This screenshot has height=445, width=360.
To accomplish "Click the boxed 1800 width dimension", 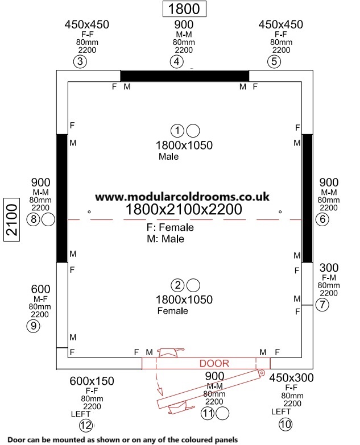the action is [184, 9].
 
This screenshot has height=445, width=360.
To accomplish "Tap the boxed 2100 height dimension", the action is [11, 220].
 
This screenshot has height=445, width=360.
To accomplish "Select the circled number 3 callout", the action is [80, 61].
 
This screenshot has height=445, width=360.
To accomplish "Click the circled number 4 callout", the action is [177, 61].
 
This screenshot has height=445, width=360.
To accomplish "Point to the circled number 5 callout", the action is [274, 61].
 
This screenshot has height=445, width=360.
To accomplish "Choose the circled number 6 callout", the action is [322, 219].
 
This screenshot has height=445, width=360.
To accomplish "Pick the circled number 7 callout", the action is [322, 305].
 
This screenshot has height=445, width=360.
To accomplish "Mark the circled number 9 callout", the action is [33, 326].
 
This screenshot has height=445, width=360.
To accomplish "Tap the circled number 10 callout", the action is [285, 425].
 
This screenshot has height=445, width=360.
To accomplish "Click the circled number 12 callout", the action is [86, 425].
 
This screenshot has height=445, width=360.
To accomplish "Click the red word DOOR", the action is [214, 363].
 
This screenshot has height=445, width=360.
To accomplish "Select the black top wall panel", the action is [185, 76].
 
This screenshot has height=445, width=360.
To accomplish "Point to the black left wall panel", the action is [62, 198].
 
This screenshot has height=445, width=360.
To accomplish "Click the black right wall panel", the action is [308, 198].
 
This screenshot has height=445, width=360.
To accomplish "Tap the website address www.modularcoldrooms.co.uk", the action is [182, 197].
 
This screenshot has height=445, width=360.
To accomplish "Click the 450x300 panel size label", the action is [291, 378].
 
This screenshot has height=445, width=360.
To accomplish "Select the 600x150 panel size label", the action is [92, 381].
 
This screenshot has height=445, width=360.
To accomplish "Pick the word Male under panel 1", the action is [169, 156].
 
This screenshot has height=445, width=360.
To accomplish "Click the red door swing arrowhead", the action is [160, 392].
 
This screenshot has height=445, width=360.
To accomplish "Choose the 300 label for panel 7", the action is [329, 268].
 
